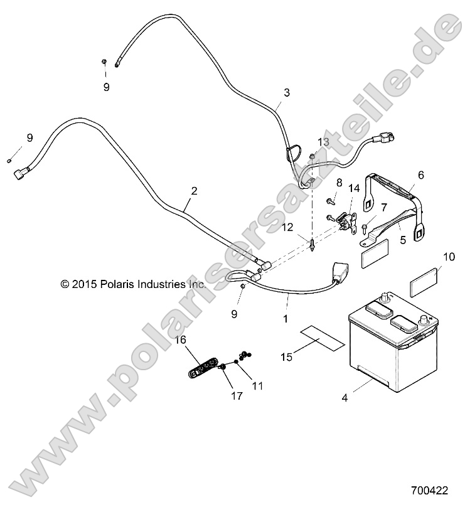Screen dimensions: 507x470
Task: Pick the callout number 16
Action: point(180,340)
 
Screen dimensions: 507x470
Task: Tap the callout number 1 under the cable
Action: point(286,319)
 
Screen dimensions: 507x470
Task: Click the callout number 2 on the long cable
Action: point(194,190)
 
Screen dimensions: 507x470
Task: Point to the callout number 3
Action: point(287,93)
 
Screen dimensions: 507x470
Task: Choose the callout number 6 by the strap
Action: point(421,175)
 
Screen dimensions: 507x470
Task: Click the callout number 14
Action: point(354,188)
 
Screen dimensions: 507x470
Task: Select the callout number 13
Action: point(323,141)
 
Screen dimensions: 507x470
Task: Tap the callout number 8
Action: point(339,182)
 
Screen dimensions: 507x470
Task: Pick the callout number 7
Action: point(383,206)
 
